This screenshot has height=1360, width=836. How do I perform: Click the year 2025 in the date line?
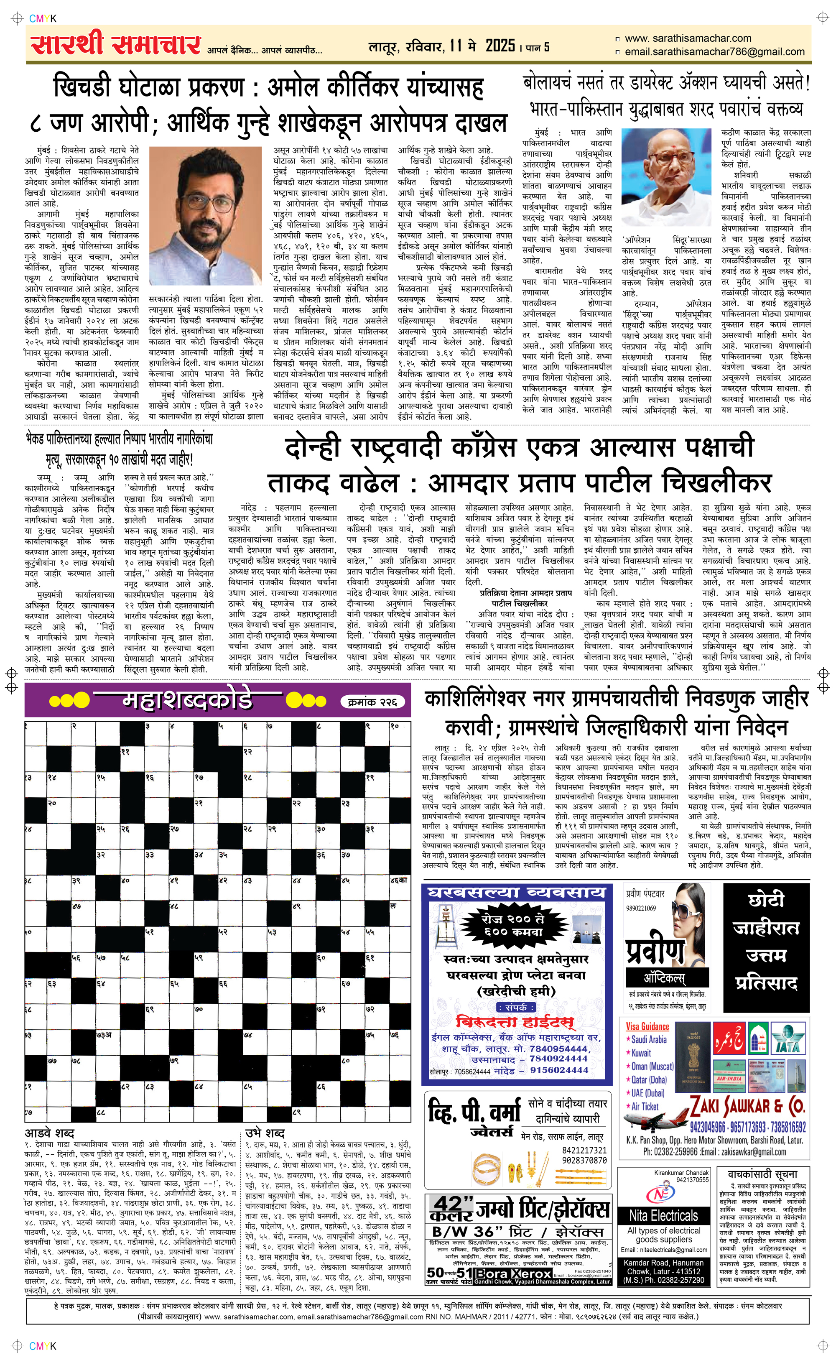tap(500, 46)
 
